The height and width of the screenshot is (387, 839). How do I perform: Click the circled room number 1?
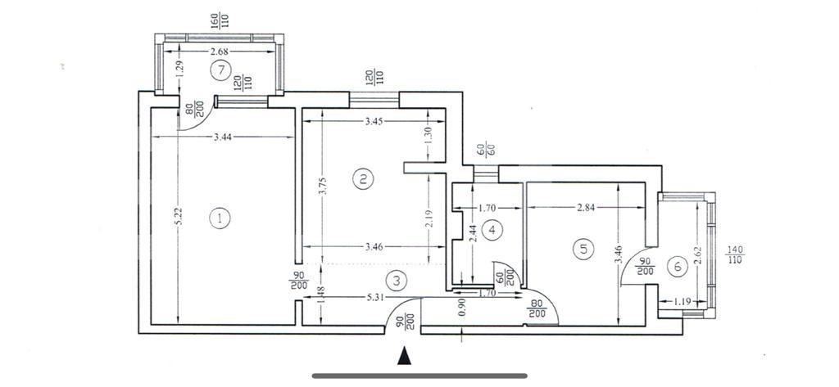[x=220, y=218]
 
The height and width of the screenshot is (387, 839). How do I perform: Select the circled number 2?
[x=363, y=178]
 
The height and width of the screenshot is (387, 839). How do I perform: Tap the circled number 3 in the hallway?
[x=397, y=281]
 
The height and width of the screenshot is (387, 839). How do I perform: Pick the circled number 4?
[x=492, y=231]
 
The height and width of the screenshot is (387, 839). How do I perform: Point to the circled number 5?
[x=583, y=250]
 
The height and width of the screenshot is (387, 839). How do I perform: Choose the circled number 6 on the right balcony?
[x=676, y=266]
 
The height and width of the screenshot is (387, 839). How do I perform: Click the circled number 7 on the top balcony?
[x=219, y=70]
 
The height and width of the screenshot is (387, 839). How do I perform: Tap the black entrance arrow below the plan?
[x=403, y=356]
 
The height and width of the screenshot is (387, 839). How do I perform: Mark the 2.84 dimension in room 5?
[x=585, y=208]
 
